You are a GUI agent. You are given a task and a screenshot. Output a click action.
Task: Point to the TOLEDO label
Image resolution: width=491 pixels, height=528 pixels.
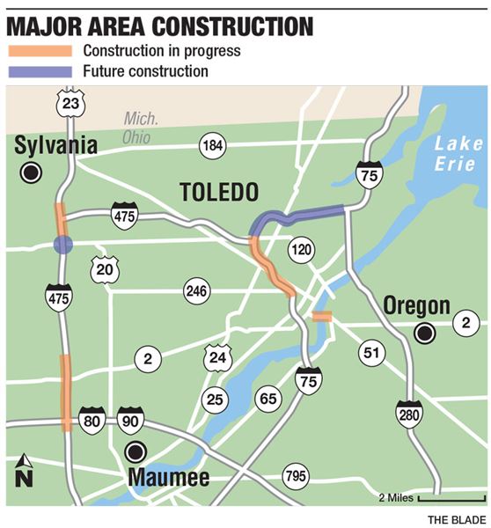(x=217, y=191)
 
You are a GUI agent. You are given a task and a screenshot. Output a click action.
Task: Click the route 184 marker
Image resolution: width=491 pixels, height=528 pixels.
(x=212, y=146)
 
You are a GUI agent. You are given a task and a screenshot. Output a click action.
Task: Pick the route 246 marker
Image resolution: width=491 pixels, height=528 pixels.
(x=196, y=290)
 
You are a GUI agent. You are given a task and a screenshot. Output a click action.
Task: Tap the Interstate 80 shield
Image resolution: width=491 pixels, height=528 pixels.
(x=92, y=419)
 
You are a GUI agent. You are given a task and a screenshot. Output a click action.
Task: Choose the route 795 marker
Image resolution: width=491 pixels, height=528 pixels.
(x=296, y=477)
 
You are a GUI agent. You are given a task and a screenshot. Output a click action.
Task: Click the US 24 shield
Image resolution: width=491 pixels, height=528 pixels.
(x=216, y=357)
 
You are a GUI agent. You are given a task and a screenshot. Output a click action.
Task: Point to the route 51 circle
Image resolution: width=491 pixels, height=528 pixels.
(x=370, y=353)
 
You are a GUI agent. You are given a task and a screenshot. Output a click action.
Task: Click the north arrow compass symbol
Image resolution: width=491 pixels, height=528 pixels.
(x=25, y=471)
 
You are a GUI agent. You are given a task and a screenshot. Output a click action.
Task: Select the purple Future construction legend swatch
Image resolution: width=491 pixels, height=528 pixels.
(x=39, y=71)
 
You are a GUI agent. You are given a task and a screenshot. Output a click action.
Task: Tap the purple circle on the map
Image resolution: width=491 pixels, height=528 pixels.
(x=62, y=244)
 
